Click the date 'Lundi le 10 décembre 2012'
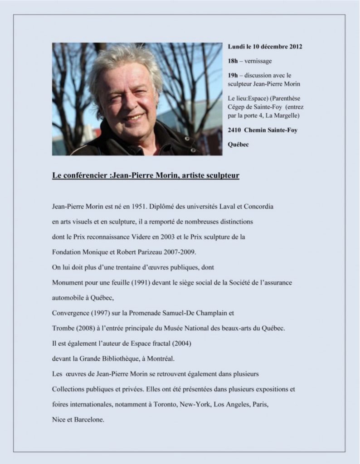click(x=265, y=47)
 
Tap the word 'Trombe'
click(x=63, y=328)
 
